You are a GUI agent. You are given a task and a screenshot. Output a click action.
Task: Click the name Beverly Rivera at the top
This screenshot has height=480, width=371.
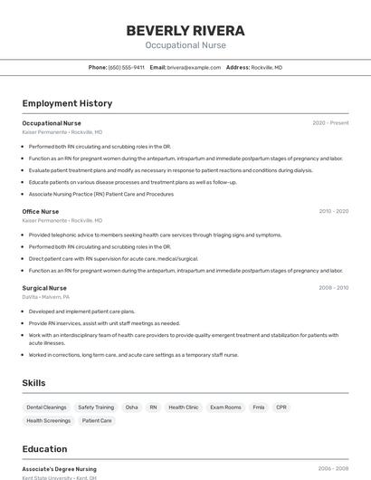click(x=185, y=30)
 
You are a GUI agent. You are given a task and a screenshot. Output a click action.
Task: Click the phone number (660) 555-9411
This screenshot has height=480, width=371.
click(x=126, y=67)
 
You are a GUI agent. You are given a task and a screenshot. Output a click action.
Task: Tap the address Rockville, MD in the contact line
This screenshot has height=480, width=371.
click(x=266, y=67)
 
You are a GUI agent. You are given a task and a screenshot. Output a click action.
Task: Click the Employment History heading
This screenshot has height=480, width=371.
click(x=67, y=103)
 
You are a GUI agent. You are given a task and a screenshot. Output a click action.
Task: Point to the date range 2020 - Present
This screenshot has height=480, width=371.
click(x=330, y=123)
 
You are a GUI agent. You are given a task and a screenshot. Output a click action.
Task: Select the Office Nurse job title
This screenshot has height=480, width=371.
click(x=41, y=211)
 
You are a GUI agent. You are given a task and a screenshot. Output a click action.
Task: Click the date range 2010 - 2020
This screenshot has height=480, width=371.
click(x=333, y=211)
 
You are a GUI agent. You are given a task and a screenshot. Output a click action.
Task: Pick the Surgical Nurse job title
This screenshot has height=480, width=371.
click(x=44, y=288)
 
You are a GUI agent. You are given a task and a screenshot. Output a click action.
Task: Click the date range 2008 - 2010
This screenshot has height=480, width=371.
click(x=333, y=288)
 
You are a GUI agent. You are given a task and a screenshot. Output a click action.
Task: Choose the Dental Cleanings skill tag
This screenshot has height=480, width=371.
click(x=46, y=408)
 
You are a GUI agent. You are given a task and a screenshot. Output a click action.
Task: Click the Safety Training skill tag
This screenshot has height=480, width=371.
click(x=96, y=408)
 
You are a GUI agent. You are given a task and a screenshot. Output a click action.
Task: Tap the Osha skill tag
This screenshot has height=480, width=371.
click(x=132, y=408)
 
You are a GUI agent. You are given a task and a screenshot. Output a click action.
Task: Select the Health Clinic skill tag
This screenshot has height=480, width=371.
click(x=184, y=408)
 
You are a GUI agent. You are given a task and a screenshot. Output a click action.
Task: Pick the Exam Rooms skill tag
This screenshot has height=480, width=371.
click(x=225, y=408)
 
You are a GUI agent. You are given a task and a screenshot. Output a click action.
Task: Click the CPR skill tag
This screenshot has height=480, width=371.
click(x=281, y=408)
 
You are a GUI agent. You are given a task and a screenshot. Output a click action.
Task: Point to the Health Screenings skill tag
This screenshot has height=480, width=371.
click(x=49, y=420)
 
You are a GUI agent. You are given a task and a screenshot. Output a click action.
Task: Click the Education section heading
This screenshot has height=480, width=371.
click(x=44, y=449)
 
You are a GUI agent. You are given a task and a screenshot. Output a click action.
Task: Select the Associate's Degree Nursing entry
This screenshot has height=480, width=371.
click(x=60, y=469)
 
